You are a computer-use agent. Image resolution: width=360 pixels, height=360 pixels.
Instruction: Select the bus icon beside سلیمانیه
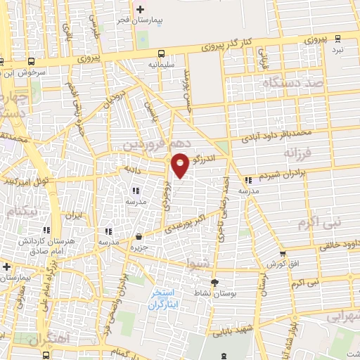tap(162, 53)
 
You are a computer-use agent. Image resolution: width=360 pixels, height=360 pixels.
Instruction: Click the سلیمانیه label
tap(162, 64)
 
